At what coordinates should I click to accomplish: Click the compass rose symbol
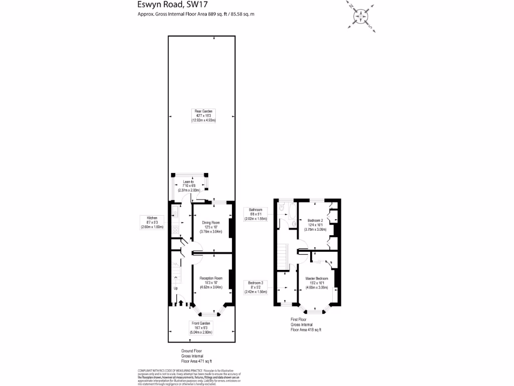(361, 16)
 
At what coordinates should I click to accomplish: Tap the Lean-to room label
(189, 186)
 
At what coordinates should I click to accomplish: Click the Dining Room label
(211, 227)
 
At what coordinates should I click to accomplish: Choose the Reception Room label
(211, 282)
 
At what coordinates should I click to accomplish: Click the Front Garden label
(201, 328)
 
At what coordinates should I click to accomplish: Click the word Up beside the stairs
(176, 288)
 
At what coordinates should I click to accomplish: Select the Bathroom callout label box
(255, 214)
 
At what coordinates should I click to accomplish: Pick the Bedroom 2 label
(315, 225)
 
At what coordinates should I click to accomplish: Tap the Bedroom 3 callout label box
(255, 287)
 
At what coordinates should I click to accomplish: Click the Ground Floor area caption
(196, 356)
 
